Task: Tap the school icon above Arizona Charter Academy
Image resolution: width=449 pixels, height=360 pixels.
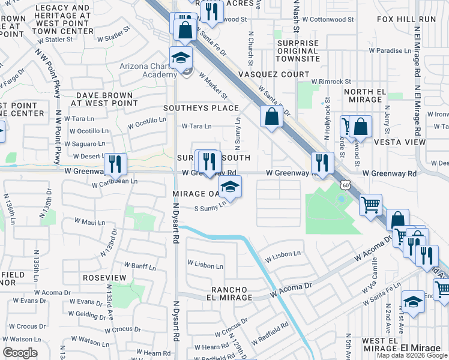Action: tap(180, 58)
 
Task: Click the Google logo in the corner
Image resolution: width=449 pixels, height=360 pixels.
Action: tap(20, 353)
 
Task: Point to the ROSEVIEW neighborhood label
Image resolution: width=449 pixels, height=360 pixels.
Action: tap(104, 278)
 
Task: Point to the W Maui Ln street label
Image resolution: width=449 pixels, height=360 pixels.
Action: tap(89, 223)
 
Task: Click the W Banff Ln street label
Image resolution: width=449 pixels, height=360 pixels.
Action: tap(139, 265)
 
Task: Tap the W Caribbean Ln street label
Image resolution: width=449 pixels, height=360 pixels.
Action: tap(115, 181)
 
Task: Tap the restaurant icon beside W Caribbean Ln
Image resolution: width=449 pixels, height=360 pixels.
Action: tap(115, 163)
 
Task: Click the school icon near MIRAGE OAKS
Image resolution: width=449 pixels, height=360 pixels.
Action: tap(229, 187)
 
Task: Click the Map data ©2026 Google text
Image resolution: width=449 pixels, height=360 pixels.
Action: tap(412, 355)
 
